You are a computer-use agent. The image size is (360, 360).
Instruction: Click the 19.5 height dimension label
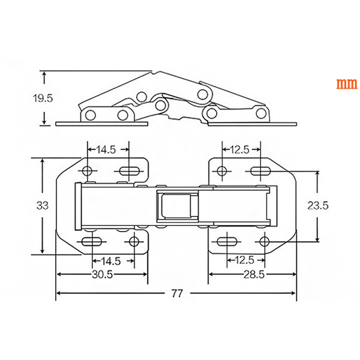click(x=43, y=98)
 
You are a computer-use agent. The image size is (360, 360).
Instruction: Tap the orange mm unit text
click(x=347, y=84)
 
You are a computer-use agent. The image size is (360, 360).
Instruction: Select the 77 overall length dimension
click(x=177, y=293)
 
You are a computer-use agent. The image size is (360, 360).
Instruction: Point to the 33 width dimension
click(x=43, y=205)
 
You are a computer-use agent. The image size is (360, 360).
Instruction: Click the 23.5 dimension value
click(x=318, y=205)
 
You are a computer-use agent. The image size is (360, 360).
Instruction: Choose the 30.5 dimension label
click(x=103, y=274)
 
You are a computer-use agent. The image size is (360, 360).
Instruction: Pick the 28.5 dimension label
click(x=254, y=274)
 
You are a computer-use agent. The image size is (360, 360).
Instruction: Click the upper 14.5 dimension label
click(x=106, y=149)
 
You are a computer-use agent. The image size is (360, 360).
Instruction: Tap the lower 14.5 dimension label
click(x=111, y=261)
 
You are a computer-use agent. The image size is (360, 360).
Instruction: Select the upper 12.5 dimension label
click(x=239, y=149)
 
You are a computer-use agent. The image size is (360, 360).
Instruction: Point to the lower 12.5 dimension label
click(x=245, y=260)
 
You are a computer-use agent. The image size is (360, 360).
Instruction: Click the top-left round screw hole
click(x=87, y=171)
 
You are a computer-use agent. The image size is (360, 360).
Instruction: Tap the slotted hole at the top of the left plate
click(x=129, y=171)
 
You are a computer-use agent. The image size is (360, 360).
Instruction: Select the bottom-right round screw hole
click(x=264, y=242)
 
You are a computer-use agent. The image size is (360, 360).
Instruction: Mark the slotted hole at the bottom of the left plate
click(x=92, y=242)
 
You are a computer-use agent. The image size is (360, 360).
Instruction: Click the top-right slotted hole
click(x=260, y=171)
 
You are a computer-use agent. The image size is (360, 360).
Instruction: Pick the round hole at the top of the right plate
click(x=222, y=171)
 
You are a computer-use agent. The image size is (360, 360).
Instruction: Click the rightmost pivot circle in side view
click(x=261, y=113)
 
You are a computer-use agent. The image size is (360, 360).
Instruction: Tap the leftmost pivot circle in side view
click(x=90, y=115)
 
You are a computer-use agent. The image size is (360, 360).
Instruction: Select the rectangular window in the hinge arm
click(x=177, y=206)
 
